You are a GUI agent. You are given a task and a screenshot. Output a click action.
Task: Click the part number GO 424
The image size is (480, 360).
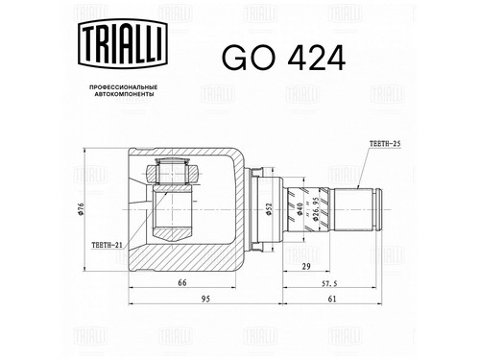click(283, 58)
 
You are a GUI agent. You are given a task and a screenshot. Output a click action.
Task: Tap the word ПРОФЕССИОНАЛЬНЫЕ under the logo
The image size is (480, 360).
click(123, 87)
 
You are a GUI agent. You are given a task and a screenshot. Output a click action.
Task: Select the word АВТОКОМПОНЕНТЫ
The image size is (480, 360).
click(123, 94)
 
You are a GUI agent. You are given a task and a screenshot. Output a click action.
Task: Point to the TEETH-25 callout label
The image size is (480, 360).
click(385, 144)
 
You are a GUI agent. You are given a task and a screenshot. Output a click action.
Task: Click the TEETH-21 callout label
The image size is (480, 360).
click(108, 245)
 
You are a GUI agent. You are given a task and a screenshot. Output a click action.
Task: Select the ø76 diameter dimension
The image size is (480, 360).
click(81, 209)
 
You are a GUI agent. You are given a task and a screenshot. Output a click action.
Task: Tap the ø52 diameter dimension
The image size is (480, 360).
click(269, 209)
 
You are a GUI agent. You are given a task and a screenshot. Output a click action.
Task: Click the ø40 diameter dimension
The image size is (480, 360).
click(300, 209)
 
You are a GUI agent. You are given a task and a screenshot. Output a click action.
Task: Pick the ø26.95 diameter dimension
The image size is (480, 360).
click(315, 209)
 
